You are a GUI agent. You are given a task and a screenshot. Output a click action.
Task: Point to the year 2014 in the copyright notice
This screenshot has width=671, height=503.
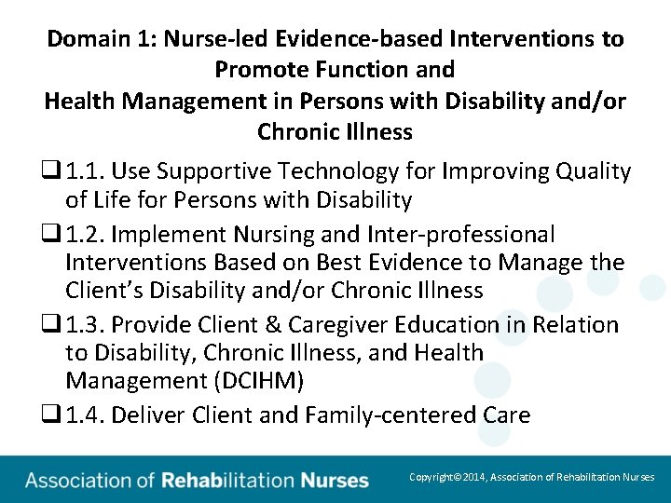tap(476, 477)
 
